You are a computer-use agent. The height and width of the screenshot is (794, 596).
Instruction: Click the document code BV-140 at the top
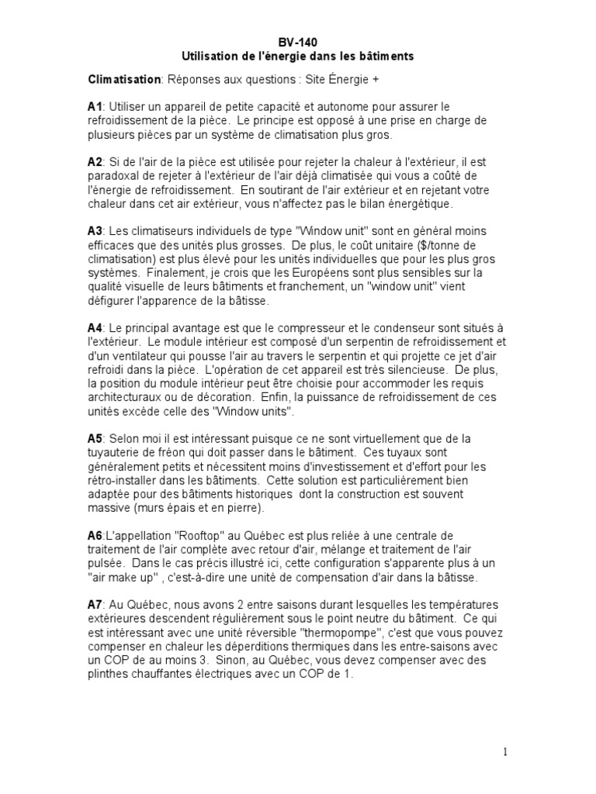pos(297,43)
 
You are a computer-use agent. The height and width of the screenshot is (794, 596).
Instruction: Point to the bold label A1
pos(95,105)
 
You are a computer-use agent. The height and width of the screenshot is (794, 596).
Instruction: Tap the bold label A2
pos(95,162)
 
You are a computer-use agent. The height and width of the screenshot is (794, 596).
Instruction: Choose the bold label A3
pos(95,231)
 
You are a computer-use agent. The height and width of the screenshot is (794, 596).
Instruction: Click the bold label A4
pos(95,327)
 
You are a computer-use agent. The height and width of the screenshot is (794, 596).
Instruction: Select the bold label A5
pos(95,439)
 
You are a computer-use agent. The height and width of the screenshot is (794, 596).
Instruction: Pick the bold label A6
pos(95,535)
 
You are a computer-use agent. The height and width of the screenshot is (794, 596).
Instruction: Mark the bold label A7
pos(95,604)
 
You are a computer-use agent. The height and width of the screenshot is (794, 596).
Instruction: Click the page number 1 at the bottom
pos(504,751)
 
